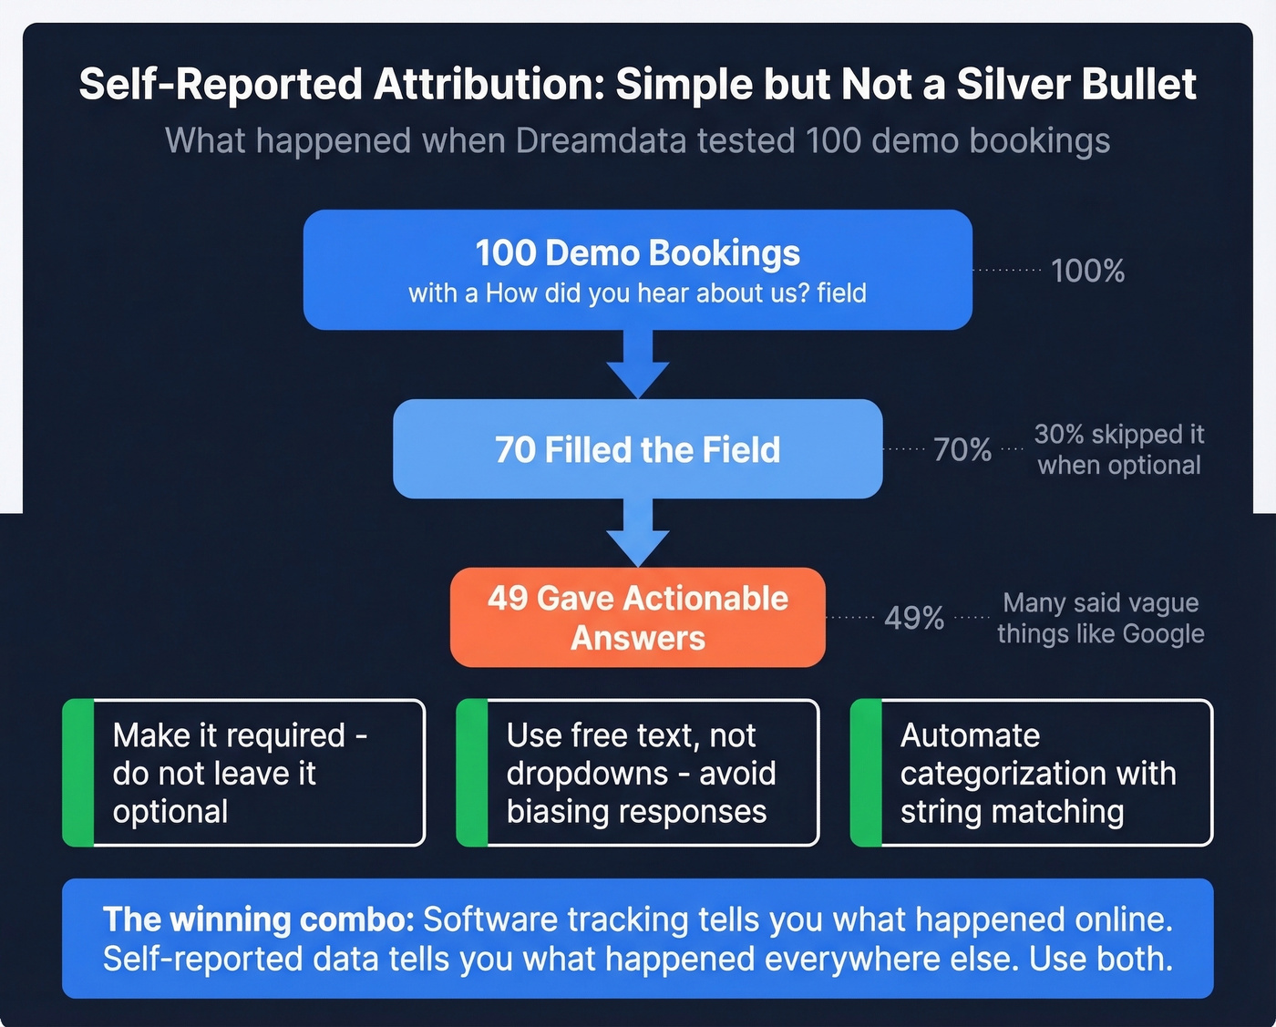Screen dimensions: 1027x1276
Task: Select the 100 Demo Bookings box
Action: pos(637,270)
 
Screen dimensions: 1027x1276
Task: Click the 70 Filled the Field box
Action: pos(637,449)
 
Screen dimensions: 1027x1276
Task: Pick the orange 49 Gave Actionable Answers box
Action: pos(637,618)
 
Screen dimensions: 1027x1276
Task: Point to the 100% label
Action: pos(1087,271)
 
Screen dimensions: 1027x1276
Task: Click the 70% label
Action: pos(962,449)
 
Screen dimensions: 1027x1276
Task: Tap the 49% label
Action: pos(913,618)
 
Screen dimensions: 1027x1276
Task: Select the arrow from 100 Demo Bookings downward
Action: pos(638,364)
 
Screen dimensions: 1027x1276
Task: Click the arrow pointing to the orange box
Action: pos(638,533)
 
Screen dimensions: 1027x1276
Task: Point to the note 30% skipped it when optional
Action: pos(1119,449)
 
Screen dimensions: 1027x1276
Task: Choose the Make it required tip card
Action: pos(244,773)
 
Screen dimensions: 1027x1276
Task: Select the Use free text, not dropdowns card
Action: pos(638,773)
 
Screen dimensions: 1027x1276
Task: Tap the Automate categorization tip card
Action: pos(1032,773)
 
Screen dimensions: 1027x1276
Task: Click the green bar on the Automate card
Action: pos(866,773)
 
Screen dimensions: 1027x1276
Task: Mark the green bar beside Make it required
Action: pos(78,773)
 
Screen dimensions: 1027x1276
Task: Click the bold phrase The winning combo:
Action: pos(258,919)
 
